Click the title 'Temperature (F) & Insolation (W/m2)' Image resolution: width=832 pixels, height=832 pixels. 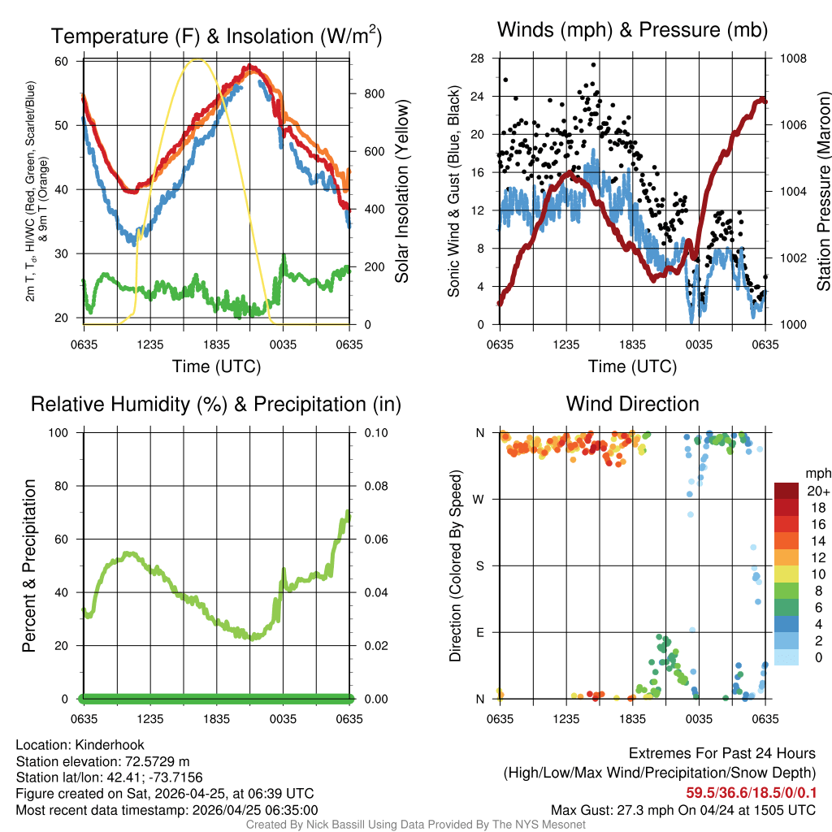coord(216,36)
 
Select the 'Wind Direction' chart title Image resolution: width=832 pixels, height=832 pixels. coord(632,404)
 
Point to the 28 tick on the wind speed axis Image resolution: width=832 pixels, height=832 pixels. coord(477,58)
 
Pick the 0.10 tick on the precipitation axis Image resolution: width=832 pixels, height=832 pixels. coord(375,433)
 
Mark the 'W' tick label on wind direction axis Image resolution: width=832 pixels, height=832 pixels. coord(480,500)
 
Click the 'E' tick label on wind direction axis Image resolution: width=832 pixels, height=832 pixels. coord(481,632)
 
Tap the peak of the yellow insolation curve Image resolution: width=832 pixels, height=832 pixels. coord(196,59)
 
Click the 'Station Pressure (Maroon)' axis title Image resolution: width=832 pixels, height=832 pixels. coord(823,191)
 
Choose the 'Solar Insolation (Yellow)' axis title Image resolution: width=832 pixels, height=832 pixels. coord(402,191)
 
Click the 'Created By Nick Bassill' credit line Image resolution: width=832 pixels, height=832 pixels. coord(415,824)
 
